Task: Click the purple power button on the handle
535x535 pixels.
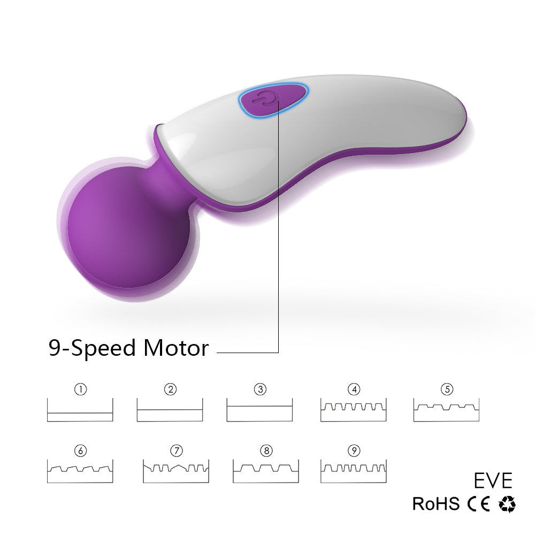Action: [273, 100]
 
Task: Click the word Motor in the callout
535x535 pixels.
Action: [175, 348]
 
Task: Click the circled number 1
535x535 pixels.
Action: [80, 389]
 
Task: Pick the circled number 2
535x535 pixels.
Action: [170, 389]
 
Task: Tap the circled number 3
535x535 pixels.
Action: [260, 389]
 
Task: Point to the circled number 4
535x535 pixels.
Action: [353, 389]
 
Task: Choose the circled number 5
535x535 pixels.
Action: [447, 389]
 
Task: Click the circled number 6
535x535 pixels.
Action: [80, 451]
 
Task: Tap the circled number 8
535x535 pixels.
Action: [266, 451]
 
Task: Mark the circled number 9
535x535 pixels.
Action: [353, 451]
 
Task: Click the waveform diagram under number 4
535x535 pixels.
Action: [353, 410]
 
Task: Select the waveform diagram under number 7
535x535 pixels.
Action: [175, 471]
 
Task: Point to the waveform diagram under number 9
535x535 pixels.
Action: [353, 471]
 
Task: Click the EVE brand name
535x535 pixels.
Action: [493, 480]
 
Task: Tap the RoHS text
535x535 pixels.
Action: [435, 504]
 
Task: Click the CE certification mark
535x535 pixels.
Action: [478, 504]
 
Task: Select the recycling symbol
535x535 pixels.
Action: [507, 504]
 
